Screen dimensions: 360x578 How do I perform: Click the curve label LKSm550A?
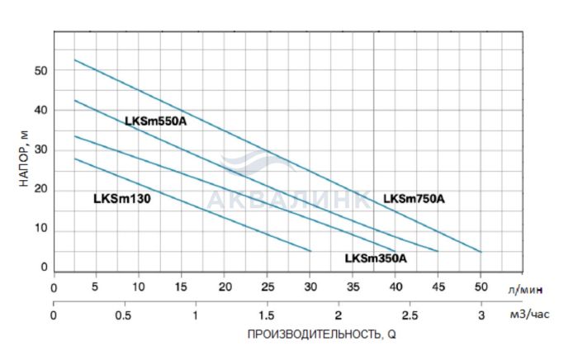(156, 121)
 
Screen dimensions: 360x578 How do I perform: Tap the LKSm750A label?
(414, 198)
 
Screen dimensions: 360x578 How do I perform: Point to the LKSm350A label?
(376, 258)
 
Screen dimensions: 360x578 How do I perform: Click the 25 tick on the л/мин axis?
(267, 287)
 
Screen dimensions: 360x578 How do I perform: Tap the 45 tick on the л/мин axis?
(438, 287)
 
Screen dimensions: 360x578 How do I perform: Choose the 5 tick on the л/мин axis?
(96, 287)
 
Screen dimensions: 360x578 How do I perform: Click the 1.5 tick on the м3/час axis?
(267, 315)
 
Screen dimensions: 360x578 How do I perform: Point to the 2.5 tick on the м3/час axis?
(409, 315)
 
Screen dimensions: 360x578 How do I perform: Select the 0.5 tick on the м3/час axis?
(124, 315)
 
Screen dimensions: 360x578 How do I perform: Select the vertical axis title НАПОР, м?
(22, 156)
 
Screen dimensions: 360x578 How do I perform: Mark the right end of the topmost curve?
(481, 252)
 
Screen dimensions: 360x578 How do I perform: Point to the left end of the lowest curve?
(75, 159)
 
